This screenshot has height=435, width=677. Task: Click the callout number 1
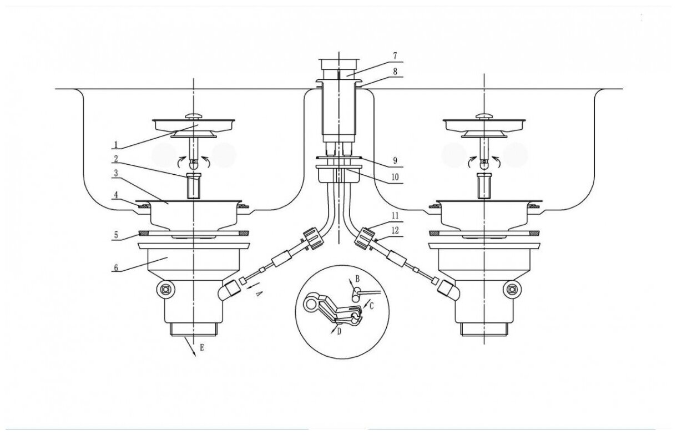(x=116, y=145)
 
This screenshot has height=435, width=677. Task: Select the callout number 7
(x=395, y=56)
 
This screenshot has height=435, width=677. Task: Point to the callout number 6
(x=116, y=267)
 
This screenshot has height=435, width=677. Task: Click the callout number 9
(x=395, y=161)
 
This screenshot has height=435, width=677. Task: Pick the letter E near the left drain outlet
(x=203, y=348)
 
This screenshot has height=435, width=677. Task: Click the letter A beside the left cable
(x=257, y=295)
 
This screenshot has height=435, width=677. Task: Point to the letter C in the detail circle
(x=371, y=305)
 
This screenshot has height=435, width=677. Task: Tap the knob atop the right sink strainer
(x=485, y=115)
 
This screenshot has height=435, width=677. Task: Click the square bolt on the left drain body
(x=164, y=289)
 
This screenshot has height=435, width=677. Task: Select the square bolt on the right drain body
(x=513, y=289)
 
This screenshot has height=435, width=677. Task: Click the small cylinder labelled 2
(x=193, y=186)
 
